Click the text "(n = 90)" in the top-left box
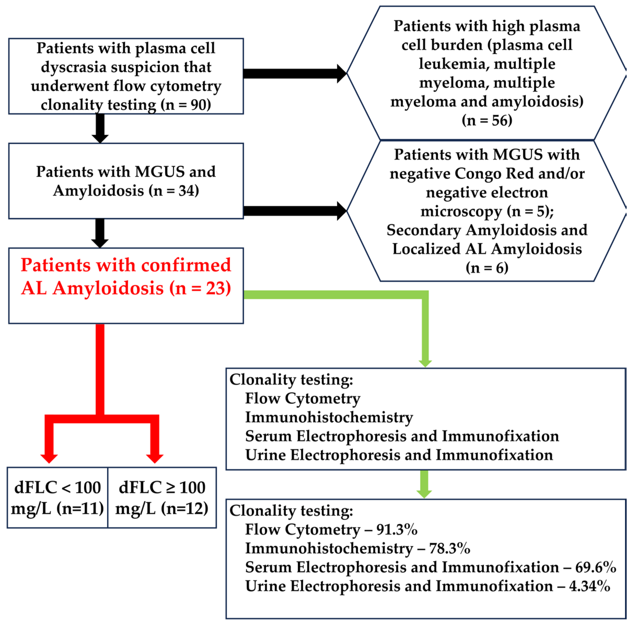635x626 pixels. (x=186, y=105)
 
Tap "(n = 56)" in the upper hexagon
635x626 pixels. (x=487, y=121)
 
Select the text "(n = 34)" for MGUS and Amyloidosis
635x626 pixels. (x=174, y=191)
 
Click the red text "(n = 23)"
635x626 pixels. (x=200, y=288)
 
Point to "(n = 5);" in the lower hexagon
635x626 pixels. (x=530, y=211)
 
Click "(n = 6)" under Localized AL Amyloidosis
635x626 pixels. (x=487, y=268)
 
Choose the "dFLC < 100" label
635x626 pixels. (x=57, y=488)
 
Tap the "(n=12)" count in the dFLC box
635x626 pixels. (x=185, y=509)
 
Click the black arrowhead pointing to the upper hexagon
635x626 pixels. (x=342, y=74)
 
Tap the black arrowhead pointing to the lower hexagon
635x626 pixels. (x=342, y=211)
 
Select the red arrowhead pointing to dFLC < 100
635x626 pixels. (x=49, y=458)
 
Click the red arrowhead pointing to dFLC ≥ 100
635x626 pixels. (x=155, y=458)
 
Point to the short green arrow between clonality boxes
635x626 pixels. (x=424, y=484)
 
